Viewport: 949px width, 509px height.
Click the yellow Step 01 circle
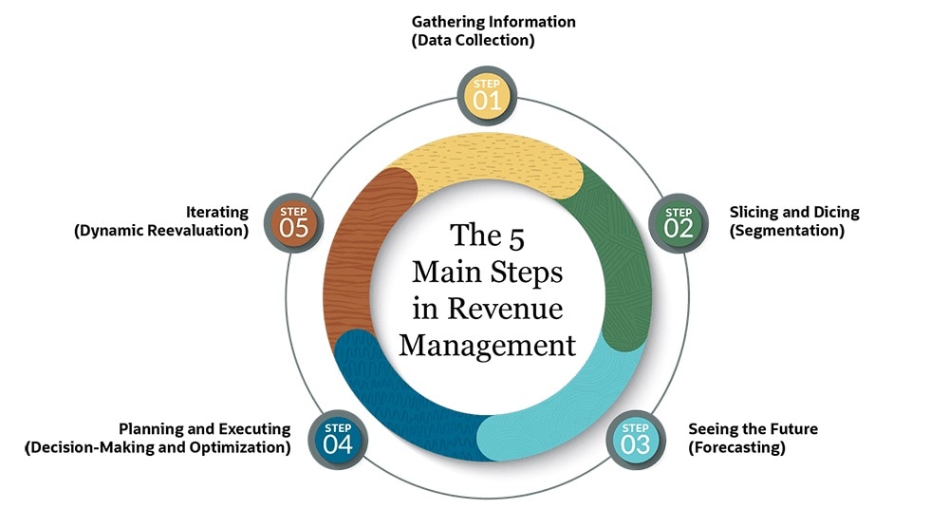point(487,96)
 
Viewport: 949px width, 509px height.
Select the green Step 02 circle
point(679,223)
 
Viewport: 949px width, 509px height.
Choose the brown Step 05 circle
point(295,222)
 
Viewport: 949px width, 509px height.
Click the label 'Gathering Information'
point(493,21)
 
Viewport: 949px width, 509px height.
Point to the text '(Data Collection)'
point(473,41)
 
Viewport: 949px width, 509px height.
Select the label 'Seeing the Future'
point(753,428)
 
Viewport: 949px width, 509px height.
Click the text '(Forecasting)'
point(736,447)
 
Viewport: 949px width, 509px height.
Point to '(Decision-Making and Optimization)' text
point(158,447)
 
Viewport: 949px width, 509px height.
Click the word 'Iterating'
point(217,212)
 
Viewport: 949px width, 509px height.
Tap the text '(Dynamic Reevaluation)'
point(161,231)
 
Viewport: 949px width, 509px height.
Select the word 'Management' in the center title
point(487,344)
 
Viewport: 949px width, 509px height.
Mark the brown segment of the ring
point(356,256)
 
